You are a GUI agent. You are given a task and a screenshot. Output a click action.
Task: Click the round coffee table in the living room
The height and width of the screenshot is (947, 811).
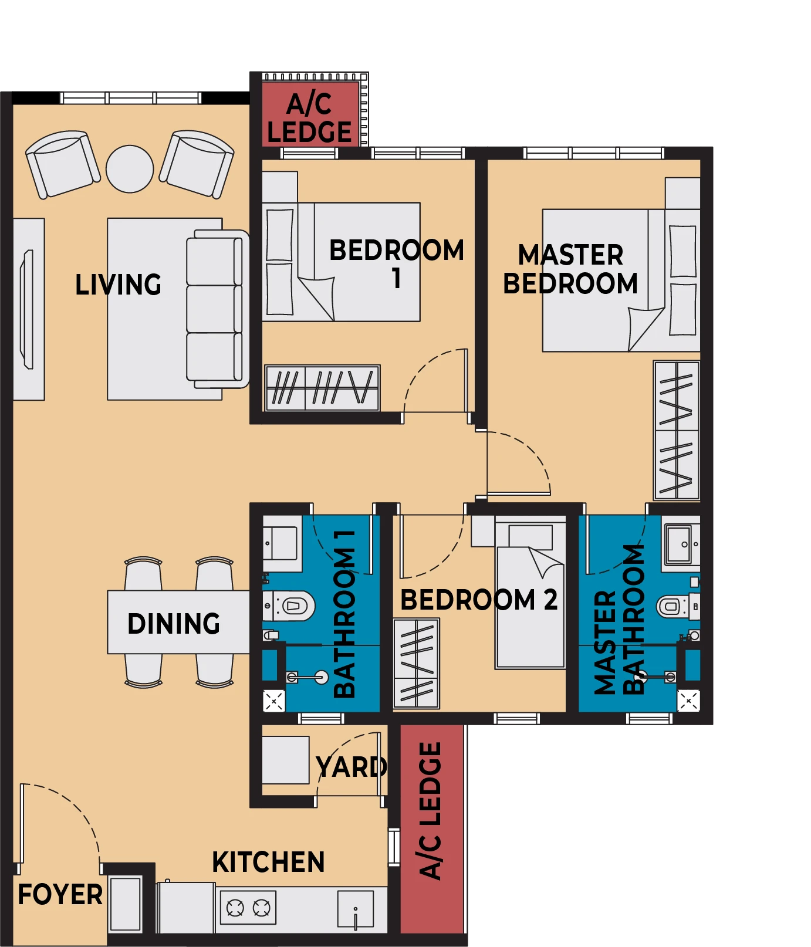[x=130, y=169]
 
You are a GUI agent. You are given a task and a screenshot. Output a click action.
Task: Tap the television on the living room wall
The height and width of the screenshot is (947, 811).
[x=27, y=309]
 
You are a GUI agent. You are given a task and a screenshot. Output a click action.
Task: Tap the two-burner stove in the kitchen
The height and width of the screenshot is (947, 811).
[x=248, y=908]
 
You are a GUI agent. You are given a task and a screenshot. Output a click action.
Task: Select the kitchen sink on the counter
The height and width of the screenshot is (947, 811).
[x=356, y=909]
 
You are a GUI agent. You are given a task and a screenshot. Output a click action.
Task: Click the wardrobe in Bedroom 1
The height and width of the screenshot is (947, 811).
[x=322, y=388]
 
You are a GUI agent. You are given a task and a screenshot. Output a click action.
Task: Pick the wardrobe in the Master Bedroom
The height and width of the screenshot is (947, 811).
[x=677, y=430]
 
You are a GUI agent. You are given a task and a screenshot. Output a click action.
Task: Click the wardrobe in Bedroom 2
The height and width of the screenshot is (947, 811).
[x=416, y=663]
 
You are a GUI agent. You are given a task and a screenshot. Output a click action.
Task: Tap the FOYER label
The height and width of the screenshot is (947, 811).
[x=60, y=895]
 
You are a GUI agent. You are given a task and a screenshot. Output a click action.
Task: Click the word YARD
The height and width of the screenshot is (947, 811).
[x=352, y=767]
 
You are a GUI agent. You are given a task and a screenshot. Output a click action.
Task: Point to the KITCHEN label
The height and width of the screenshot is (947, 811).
[x=268, y=863]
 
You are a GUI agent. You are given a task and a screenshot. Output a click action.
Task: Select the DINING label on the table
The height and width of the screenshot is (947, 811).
[x=174, y=624]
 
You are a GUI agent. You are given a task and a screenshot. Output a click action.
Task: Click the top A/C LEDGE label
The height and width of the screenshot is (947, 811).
[x=309, y=118]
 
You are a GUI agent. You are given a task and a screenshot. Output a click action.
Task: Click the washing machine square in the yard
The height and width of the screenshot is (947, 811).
[x=285, y=760]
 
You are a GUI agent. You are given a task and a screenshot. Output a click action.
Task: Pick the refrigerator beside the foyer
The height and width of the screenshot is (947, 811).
[x=126, y=904]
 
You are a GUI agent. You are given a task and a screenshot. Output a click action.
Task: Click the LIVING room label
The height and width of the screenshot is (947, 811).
[x=118, y=285]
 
